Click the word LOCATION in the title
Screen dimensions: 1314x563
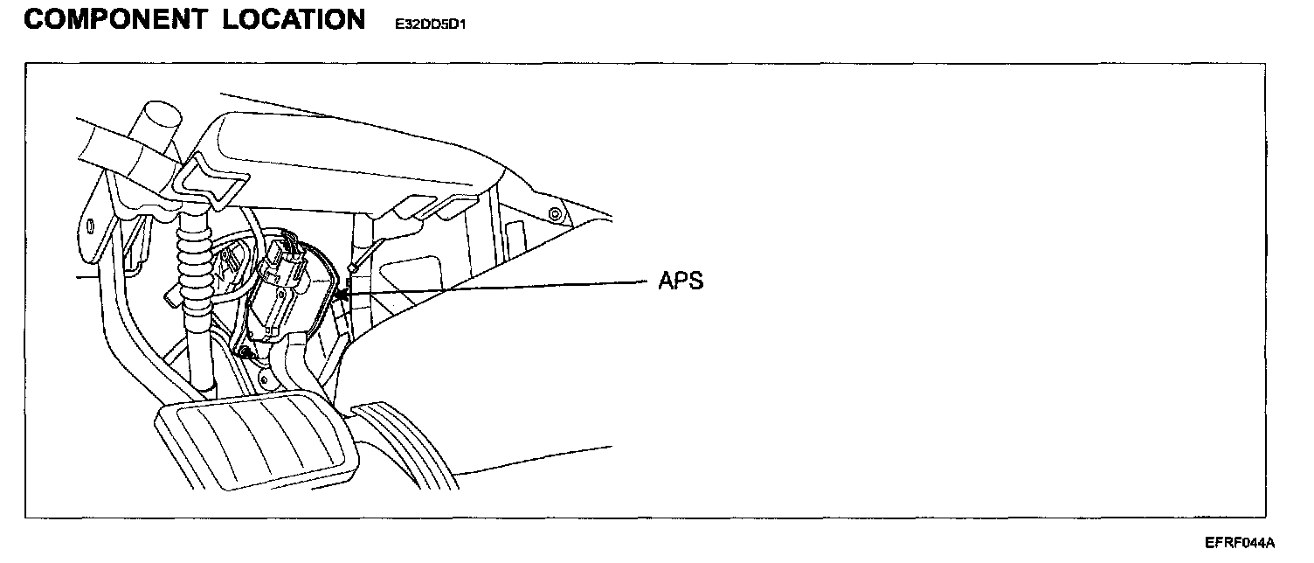pyautogui.click(x=294, y=20)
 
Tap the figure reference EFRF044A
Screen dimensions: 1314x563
pyautogui.click(x=1240, y=544)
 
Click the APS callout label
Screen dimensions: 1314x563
pyautogui.click(x=681, y=281)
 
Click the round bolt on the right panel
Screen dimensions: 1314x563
pyautogui.click(x=555, y=215)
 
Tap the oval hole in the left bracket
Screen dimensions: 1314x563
pyautogui.click(x=92, y=226)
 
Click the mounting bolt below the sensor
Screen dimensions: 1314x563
pyautogui.click(x=248, y=352)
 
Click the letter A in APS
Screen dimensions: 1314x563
pyautogui.click(x=666, y=281)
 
